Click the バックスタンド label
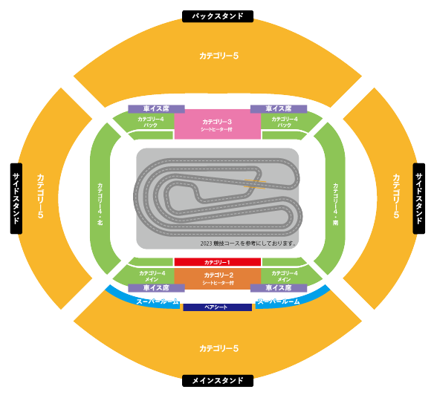point(218,16)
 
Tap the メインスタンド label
point(218,381)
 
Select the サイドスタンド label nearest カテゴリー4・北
point(16,198)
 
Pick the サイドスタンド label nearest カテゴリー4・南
point(419,198)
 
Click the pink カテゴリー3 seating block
point(218,124)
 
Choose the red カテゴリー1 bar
point(218,262)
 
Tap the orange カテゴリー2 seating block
point(218,278)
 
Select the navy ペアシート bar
point(218,307)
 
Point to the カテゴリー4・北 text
point(100,203)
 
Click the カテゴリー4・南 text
point(335,204)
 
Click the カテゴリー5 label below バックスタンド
point(218,56)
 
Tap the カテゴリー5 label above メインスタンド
point(218,348)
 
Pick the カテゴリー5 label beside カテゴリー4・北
point(40,196)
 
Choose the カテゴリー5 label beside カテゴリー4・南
point(396,196)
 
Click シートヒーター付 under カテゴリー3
point(216,129)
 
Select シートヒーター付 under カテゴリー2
point(218,283)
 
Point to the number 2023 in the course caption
point(206,244)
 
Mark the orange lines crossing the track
point(255,184)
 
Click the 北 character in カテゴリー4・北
point(100,223)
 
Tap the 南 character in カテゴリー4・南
point(335,223)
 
